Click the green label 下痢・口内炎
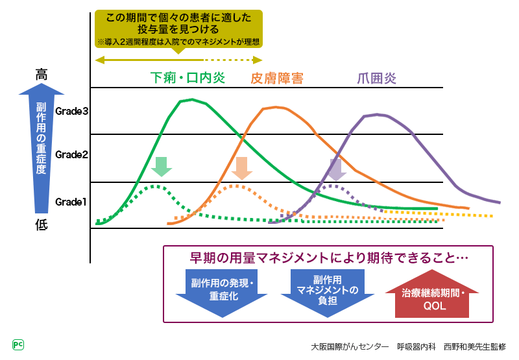187,78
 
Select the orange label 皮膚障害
277,78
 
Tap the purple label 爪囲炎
377,78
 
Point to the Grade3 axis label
71,111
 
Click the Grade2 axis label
71,154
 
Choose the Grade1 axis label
71,202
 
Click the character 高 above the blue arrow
42,75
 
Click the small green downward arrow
161,167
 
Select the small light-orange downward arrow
241,167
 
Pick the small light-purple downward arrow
335,169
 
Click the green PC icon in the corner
18,344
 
